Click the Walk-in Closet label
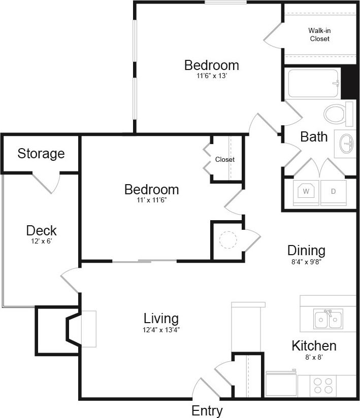click(x=319, y=34)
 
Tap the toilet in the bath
click(x=335, y=114)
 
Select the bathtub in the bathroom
click(x=313, y=83)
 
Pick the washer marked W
click(x=306, y=191)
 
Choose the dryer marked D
click(x=334, y=191)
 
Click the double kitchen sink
click(x=328, y=319)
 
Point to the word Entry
click(x=207, y=410)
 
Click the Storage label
click(x=41, y=153)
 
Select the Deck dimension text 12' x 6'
click(x=42, y=241)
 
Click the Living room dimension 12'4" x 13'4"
click(x=161, y=329)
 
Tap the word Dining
click(x=306, y=250)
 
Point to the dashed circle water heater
click(x=228, y=239)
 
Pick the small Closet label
click(x=225, y=159)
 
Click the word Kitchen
click(x=314, y=346)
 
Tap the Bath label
click(x=314, y=136)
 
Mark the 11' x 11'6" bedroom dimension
click(x=151, y=200)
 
